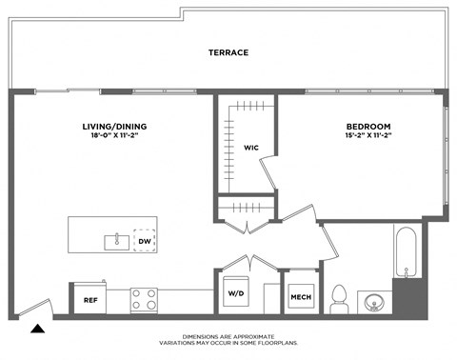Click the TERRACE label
point(228,52)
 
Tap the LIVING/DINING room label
point(114,126)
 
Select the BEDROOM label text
point(368,126)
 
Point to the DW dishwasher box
point(145,242)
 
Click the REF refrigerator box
point(89,300)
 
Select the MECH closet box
point(302,299)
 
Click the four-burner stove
point(144,300)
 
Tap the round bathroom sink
point(374,303)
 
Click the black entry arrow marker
point(38,329)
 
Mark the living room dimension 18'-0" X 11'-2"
point(114,136)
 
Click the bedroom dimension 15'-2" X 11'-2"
point(368,136)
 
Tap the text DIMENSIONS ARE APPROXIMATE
point(228,336)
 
